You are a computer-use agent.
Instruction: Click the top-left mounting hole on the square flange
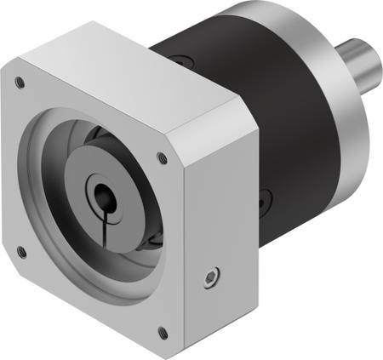19,83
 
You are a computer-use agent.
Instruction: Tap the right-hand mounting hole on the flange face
162,157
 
